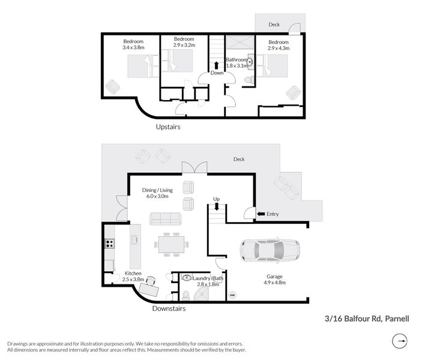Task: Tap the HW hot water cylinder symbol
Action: (232, 295)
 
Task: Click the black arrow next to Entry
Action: (261, 214)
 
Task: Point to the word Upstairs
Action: (168, 127)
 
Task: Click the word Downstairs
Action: (168, 308)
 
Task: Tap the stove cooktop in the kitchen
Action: (110, 244)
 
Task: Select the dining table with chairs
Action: (171, 244)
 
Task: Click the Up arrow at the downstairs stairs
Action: (217, 207)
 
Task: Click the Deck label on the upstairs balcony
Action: (274, 25)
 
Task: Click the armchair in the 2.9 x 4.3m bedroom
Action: (293, 93)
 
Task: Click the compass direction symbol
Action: (399, 341)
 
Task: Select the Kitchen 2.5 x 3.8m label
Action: (133, 276)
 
